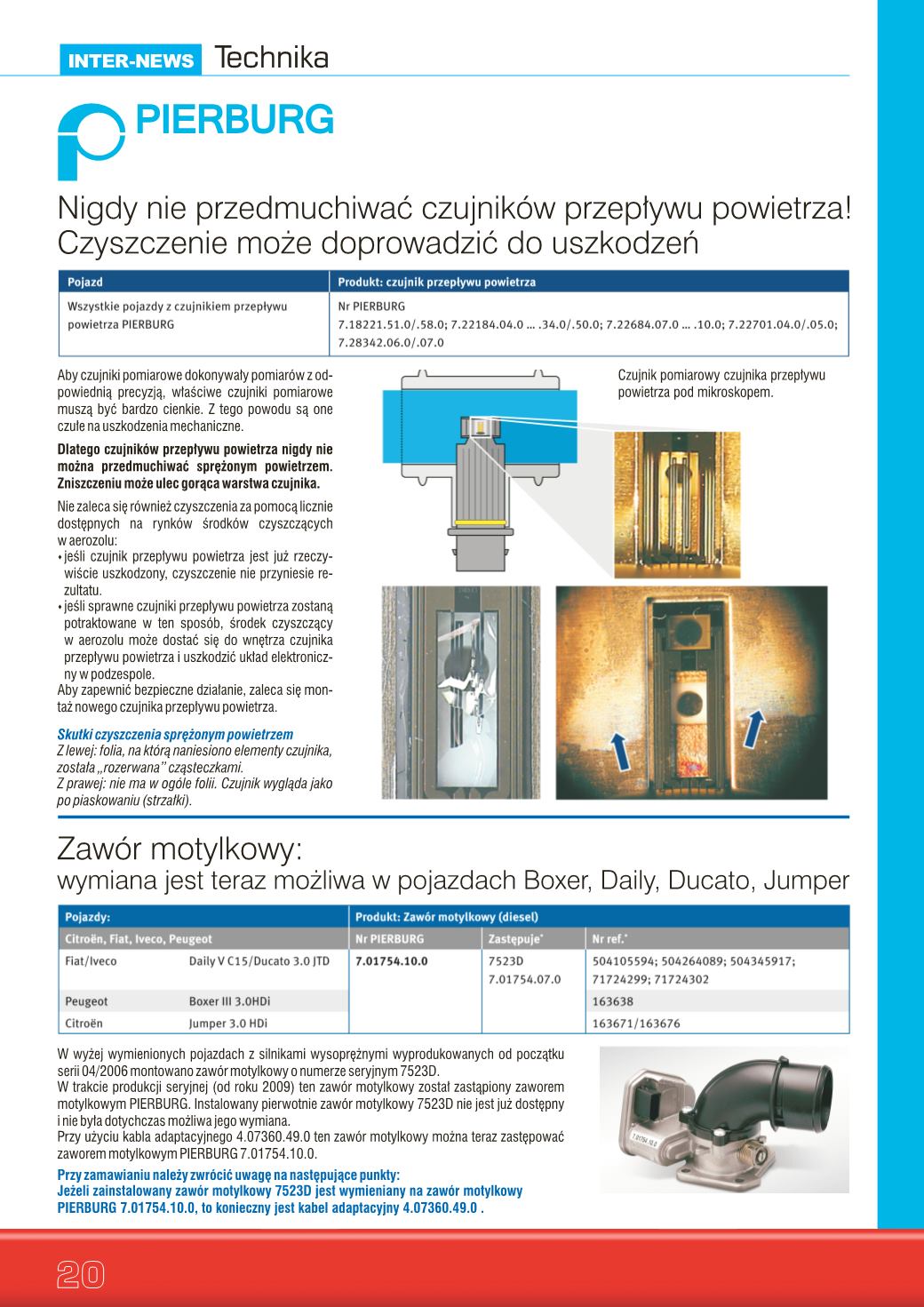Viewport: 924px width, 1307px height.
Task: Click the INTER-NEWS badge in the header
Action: (131, 60)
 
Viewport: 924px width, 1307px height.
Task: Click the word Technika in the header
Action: (271, 58)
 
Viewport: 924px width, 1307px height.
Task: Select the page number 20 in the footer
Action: (81, 1274)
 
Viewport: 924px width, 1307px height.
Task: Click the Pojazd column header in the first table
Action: (85, 282)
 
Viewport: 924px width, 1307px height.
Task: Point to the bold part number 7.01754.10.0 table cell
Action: (391, 961)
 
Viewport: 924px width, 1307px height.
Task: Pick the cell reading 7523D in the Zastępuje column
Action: (506, 961)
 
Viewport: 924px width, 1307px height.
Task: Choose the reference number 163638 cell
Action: (612, 1001)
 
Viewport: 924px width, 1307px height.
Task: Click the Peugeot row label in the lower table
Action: (86, 1001)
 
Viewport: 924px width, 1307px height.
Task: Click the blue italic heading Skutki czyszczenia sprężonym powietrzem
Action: (175, 735)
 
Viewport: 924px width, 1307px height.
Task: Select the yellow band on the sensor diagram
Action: (480, 521)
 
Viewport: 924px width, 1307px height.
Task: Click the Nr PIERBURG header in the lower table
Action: (389, 939)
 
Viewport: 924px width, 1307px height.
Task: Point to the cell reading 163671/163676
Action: (636, 1024)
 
